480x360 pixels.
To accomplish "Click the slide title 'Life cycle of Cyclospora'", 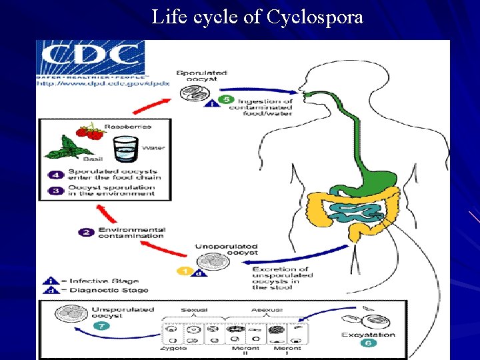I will pyautogui.click(x=257, y=17).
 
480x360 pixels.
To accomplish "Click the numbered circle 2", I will pyautogui.click(x=87, y=232).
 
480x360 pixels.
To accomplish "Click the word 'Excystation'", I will pyautogui.click(x=368, y=334).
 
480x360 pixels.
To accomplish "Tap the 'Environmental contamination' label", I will pyautogui.click(x=130, y=232).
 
